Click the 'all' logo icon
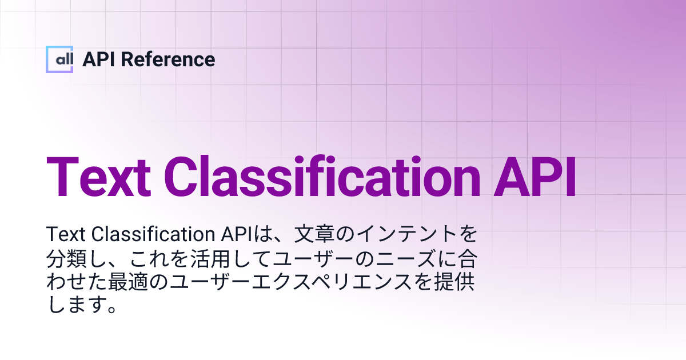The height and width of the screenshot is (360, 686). [59, 59]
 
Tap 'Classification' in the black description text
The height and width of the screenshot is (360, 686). [151, 235]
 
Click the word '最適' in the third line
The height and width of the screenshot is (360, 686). [162, 283]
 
